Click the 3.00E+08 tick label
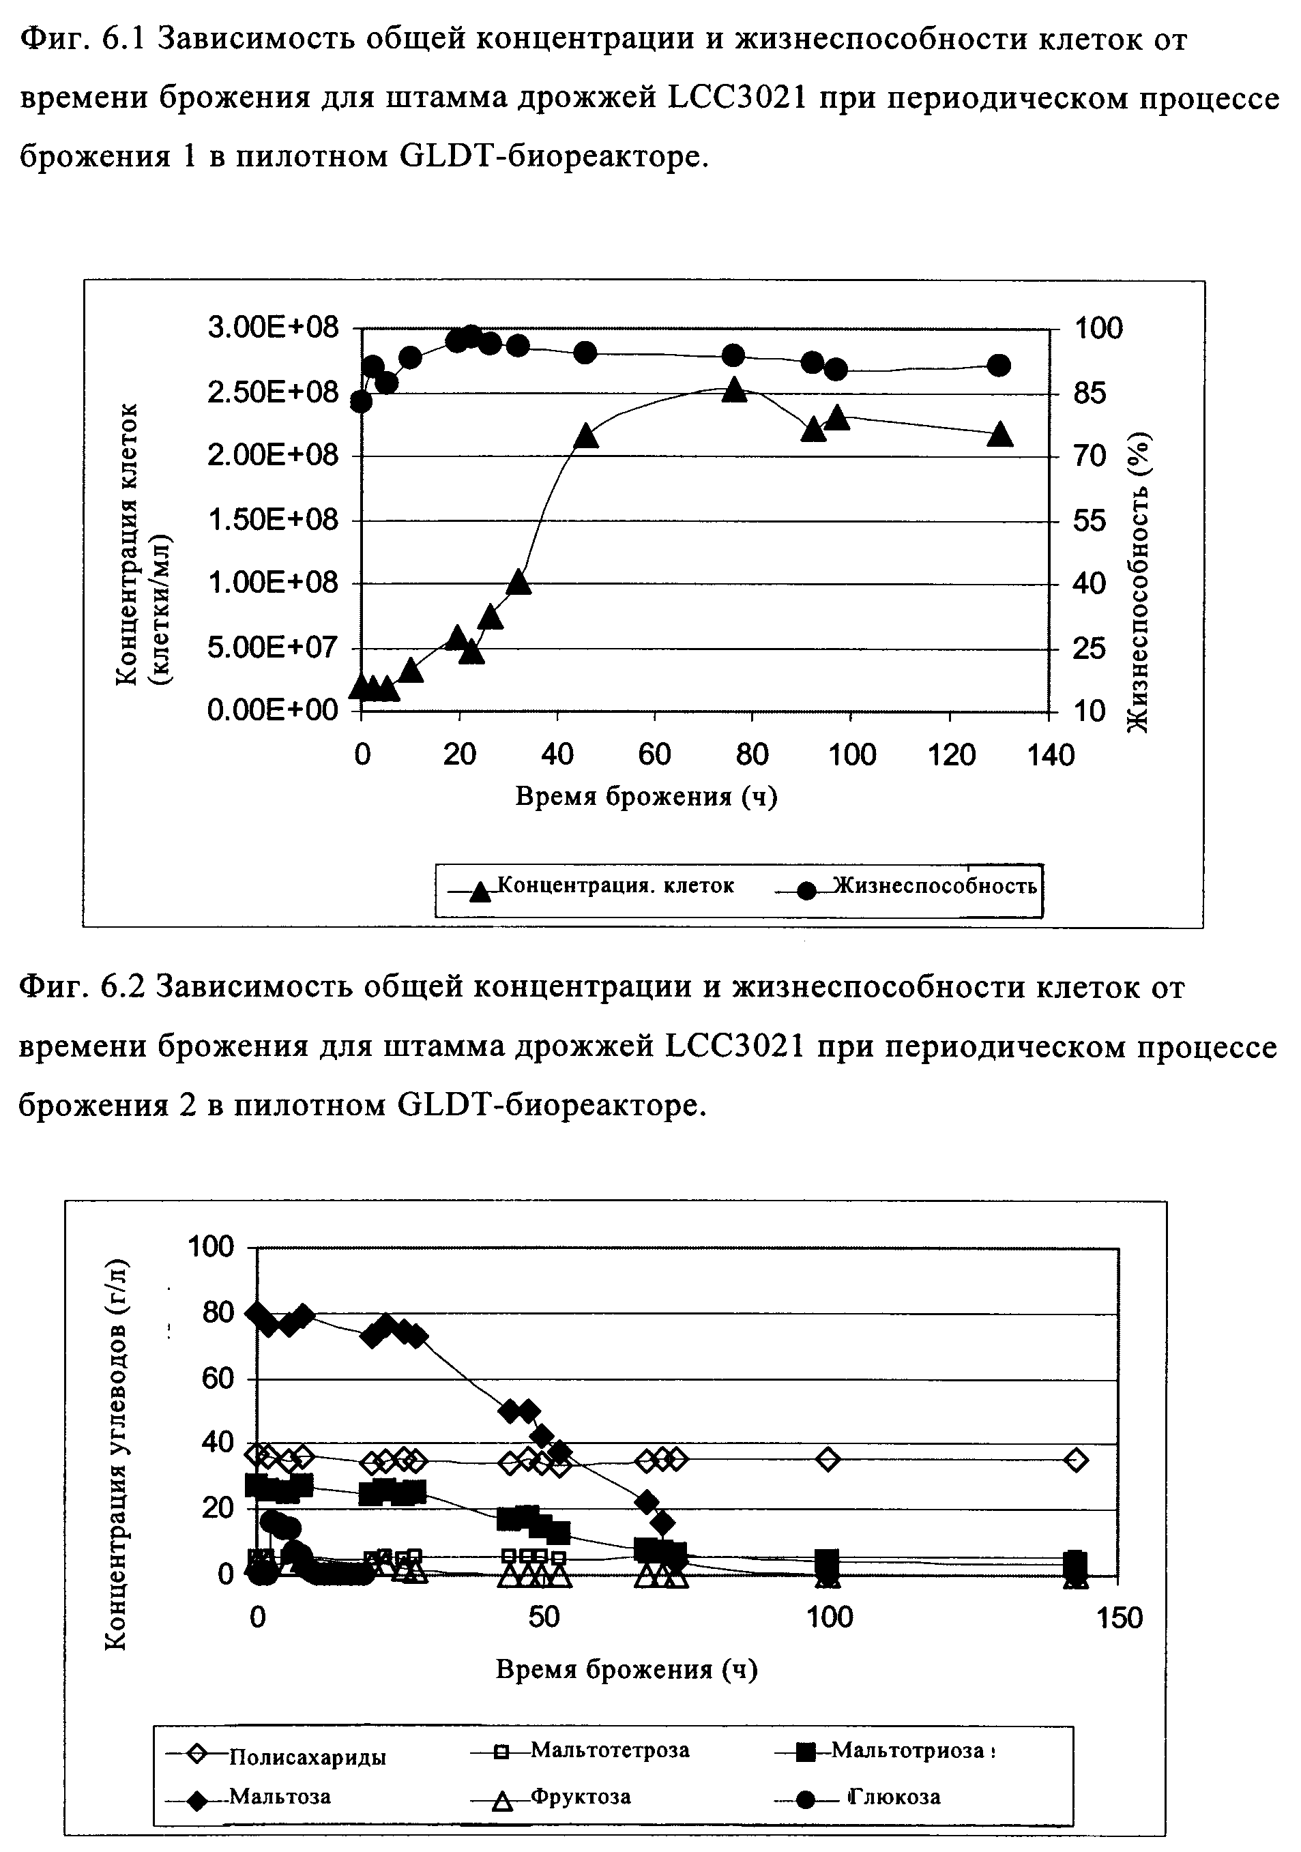[x=273, y=328]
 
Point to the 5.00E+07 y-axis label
[x=273, y=648]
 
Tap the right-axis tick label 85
[x=1097, y=394]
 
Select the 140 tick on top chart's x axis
[x=1051, y=756]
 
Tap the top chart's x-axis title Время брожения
[x=645, y=797]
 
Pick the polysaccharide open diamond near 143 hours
[x=1075, y=1460]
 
